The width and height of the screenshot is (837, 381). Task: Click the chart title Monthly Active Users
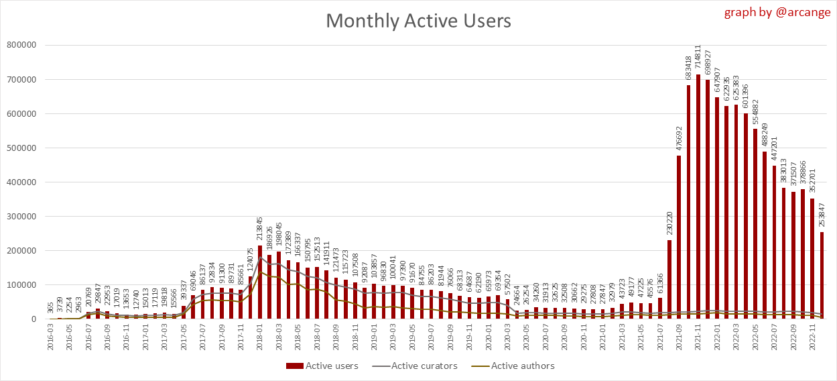point(418,21)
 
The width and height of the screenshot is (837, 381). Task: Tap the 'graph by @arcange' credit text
point(777,13)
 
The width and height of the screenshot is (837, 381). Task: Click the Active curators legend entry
point(418,366)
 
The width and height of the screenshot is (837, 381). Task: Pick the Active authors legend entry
point(516,366)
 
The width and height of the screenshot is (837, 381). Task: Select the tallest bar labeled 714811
point(698,197)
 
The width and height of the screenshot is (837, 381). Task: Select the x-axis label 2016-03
point(51,340)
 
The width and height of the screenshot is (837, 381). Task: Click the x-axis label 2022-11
point(813,340)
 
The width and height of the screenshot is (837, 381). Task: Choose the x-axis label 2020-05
point(527,340)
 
